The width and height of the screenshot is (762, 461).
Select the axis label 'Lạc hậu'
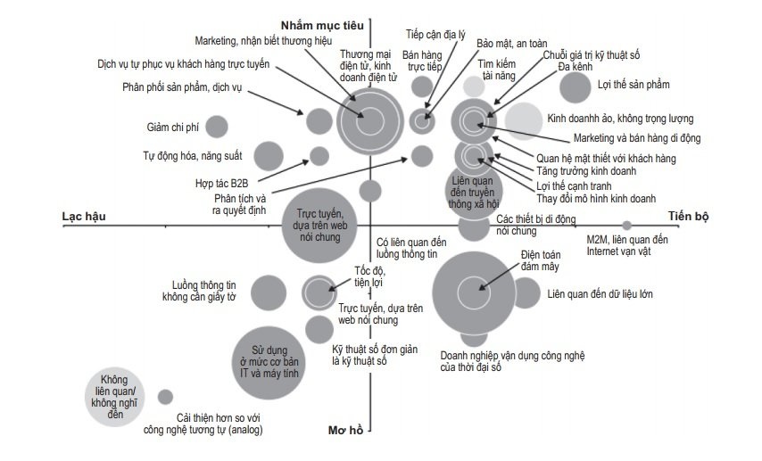click(x=85, y=217)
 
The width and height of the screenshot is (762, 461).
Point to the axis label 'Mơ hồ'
click(x=345, y=430)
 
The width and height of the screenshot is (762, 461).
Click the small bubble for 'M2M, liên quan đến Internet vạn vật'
click(x=626, y=225)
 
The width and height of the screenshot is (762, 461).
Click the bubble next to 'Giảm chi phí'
click(x=217, y=127)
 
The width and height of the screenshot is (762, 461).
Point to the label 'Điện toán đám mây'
click(x=540, y=259)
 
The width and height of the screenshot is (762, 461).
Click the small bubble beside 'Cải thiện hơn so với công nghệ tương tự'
click(x=165, y=397)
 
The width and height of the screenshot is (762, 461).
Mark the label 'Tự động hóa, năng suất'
click(x=191, y=155)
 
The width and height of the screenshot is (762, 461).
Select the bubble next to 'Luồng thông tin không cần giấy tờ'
click(x=268, y=292)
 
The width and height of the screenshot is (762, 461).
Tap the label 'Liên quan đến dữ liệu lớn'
click(x=602, y=292)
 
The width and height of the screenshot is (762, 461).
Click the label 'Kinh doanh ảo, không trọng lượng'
click(x=620, y=118)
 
